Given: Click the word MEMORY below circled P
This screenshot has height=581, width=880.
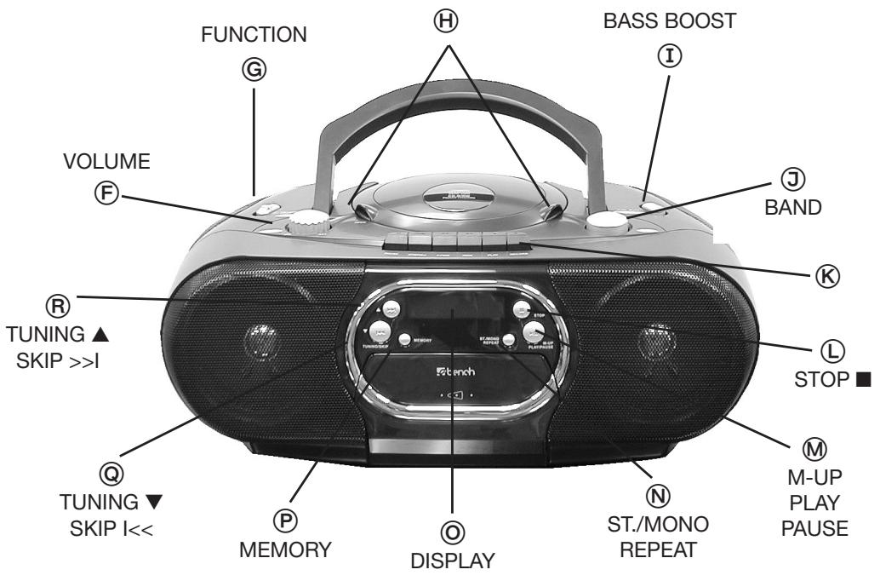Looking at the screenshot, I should [x=284, y=550].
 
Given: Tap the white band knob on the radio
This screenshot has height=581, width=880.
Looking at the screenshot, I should [x=605, y=220].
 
